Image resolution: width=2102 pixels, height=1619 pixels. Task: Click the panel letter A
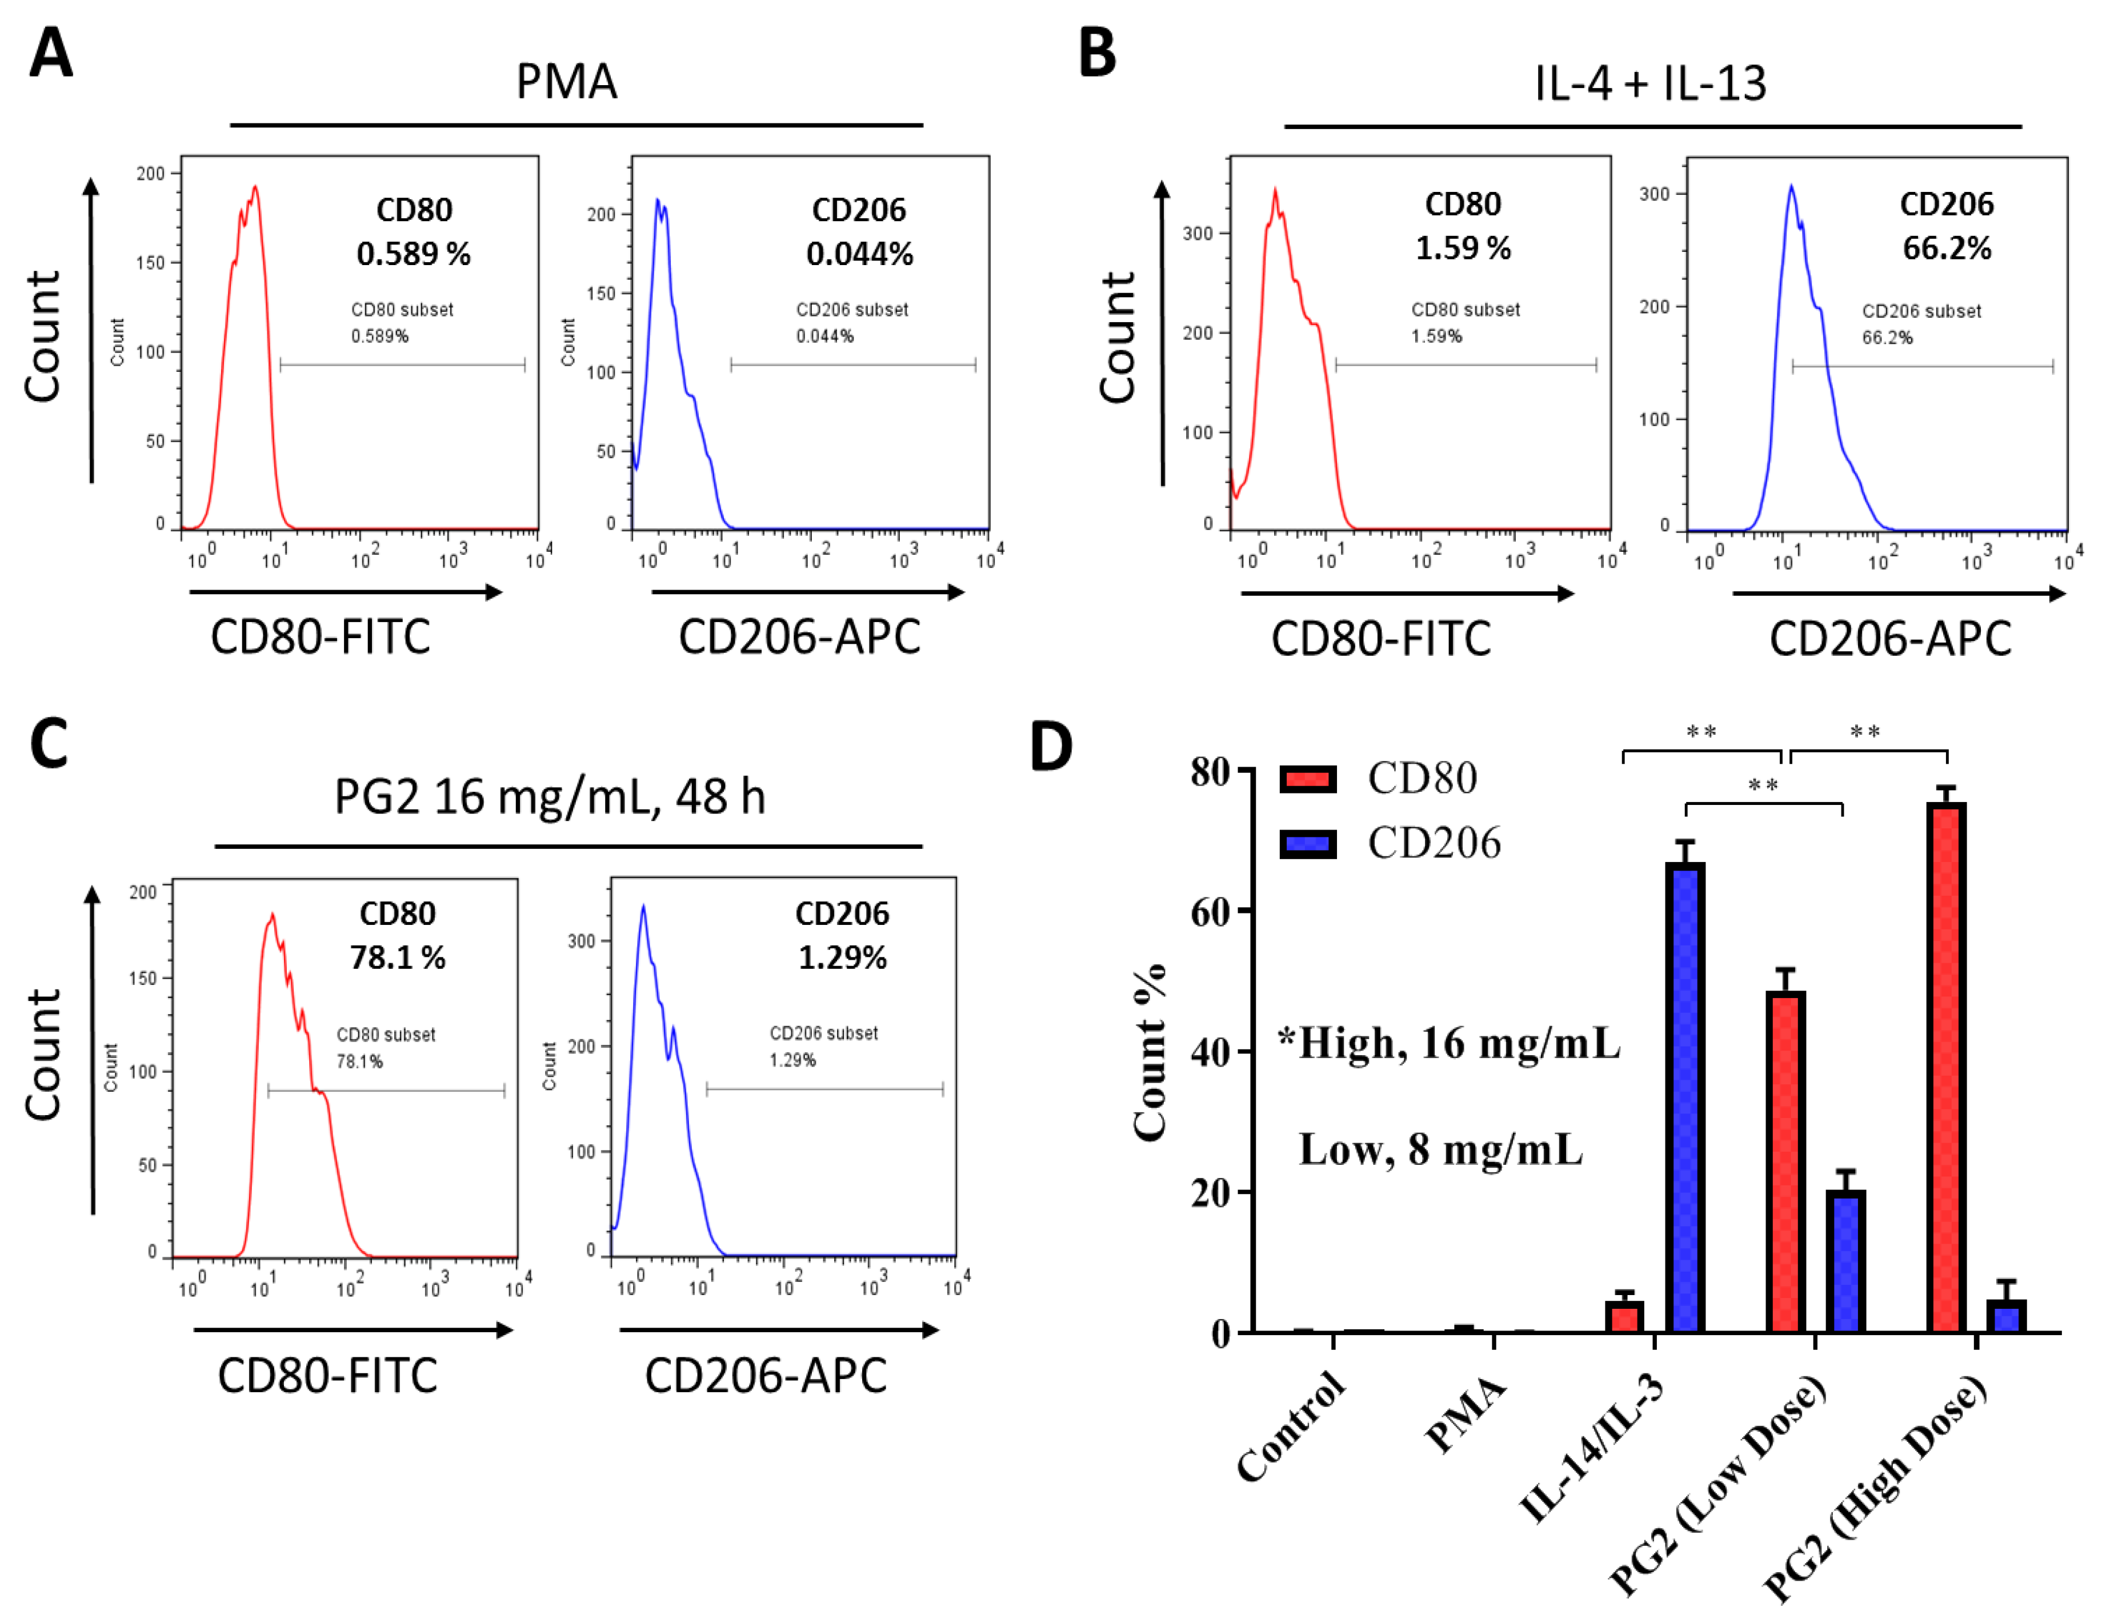51,53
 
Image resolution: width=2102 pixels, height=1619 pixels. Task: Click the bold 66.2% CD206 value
1946,249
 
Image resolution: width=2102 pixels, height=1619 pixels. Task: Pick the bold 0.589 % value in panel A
413,254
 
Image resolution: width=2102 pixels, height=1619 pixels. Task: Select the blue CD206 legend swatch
1308,844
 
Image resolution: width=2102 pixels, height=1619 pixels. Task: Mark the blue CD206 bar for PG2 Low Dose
1845,1261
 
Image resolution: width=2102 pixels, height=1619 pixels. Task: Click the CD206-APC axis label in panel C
765,1376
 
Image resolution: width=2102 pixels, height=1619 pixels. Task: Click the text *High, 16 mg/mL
1448,1043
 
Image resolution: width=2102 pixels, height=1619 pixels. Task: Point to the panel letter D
1051,747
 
